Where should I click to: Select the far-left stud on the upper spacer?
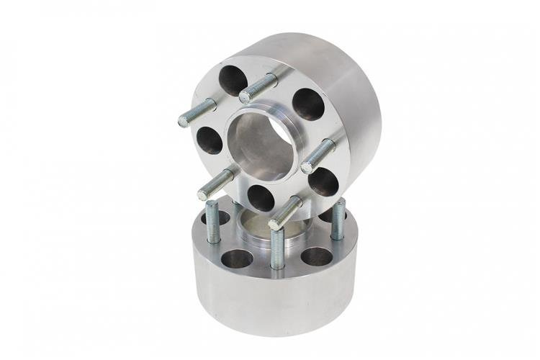pos(197,113)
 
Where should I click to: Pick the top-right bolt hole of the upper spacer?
pos(309,104)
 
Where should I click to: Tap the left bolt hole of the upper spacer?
pos(208,139)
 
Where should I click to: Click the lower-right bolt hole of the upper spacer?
pos(323,182)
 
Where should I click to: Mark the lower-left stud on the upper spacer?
pos(215,184)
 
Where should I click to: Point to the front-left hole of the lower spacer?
pos(237,257)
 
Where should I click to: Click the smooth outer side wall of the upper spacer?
pos(353,108)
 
